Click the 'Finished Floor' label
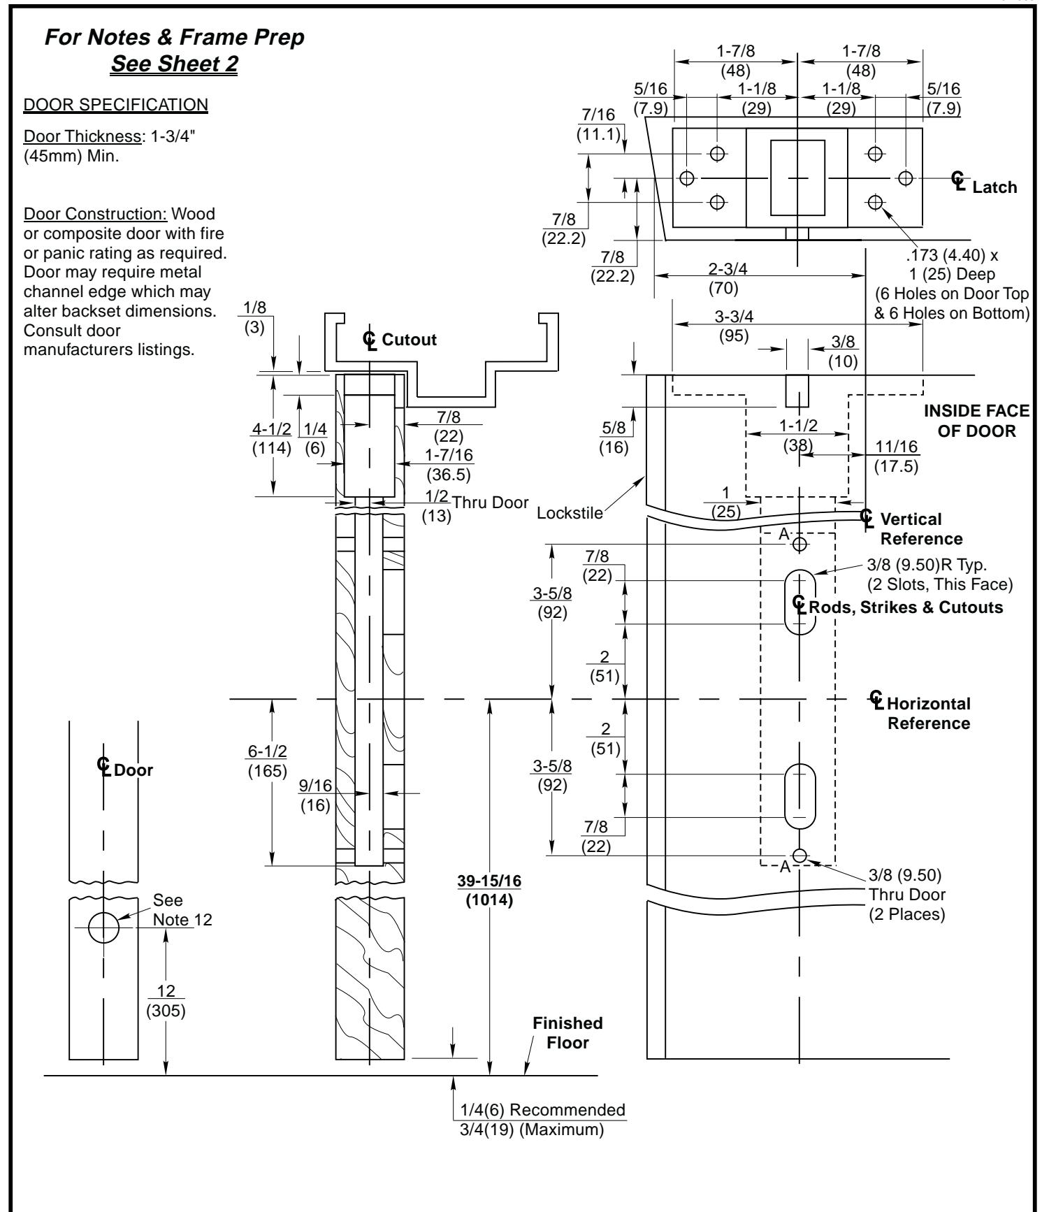pyautogui.click(x=567, y=1033)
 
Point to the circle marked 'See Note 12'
pyautogui.click(x=103, y=928)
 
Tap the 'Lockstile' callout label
pyautogui.click(x=569, y=514)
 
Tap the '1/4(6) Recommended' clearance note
pyautogui.click(x=542, y=1109)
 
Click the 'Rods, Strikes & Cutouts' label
pyautogui.click(x=904, y=607)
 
